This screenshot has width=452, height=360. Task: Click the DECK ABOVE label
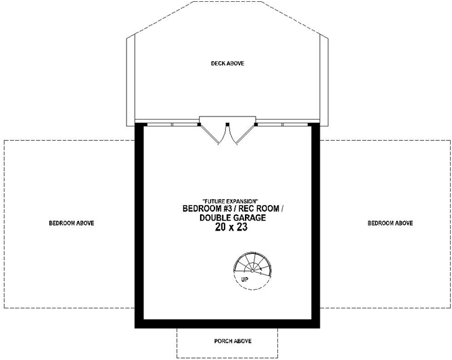[x=227, y=64]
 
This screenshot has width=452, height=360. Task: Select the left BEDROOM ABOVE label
[x=72, y=223]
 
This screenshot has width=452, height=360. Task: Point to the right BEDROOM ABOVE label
[x=390, y=223]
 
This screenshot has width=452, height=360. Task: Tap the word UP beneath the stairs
[x=245, y=280]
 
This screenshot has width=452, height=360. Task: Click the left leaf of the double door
[x=219, y=135]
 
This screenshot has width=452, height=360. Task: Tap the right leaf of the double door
[x=236, y=135]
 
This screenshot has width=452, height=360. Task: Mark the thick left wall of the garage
[x=139, y=224]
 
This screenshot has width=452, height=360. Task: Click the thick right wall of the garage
[x=315, y=224]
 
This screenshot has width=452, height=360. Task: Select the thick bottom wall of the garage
[x=227, y=323]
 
